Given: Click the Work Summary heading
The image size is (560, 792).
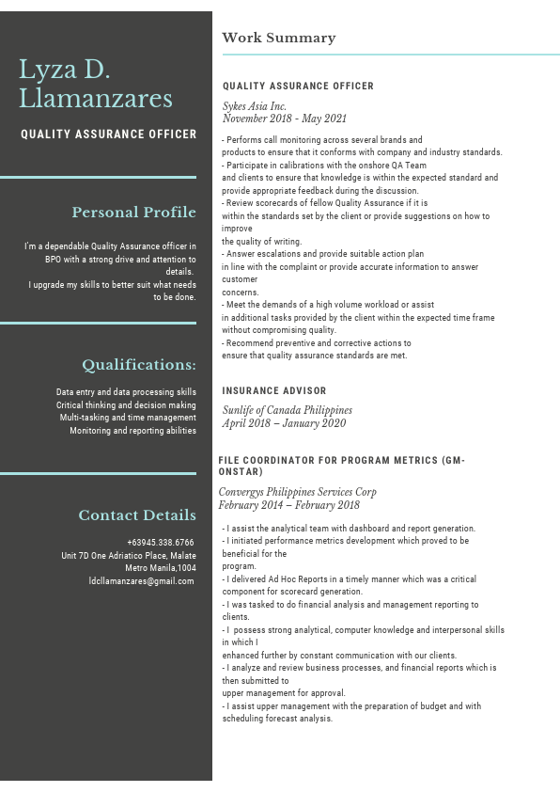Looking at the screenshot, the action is coord(278,38).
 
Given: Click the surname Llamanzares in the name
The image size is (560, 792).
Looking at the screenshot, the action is coord(96,99).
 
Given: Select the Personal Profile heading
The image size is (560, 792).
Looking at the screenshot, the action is coord(134,212).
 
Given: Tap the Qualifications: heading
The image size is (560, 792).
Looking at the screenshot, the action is coord(139,364).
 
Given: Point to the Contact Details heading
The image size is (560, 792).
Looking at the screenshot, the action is coord(137,515).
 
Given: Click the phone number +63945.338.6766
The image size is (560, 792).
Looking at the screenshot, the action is coord(161,543).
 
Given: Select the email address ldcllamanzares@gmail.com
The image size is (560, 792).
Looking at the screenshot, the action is coord(141,581).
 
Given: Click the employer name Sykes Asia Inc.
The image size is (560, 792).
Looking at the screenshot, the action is coord(255,106).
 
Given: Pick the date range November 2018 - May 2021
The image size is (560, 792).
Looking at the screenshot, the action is coord(284,119).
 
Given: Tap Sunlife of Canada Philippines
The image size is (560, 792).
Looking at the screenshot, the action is coord(287,410).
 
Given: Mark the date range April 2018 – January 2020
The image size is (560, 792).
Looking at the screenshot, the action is coord(284,423).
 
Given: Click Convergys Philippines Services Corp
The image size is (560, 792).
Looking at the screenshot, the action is coord(297,492).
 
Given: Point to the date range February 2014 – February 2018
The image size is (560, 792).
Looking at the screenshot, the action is coord(288,505).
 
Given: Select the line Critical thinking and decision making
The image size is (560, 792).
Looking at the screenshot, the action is coord(126,404).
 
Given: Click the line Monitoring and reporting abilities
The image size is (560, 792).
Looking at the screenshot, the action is coord(132,431).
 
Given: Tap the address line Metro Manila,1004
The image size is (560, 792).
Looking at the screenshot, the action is coord(161,568).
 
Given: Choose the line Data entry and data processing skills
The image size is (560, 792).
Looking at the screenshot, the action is coord(126,391).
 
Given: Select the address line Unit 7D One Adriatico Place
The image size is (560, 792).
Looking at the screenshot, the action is coord(129,556).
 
